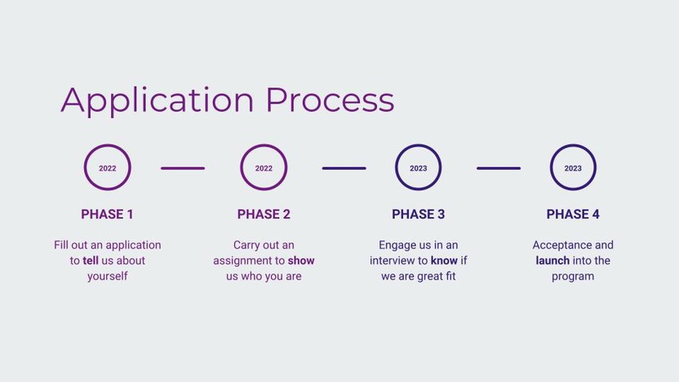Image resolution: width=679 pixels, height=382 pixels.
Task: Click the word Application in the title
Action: click(x=158, y=101)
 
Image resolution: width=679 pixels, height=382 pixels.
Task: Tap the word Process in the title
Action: click(x=330, y=100)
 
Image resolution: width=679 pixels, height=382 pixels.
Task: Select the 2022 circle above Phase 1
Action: click(x=108, y=144)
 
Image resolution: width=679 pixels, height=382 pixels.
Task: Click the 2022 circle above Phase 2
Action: click(x=264, y=144)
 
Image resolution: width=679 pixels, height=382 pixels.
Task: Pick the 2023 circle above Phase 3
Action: click(x=419, y=144)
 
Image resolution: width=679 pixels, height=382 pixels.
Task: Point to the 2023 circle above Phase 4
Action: click(x=573, y=144)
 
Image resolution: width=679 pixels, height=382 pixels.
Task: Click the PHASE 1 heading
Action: click(x=107, y=215)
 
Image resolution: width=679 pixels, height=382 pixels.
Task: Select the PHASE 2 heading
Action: click(x=264, y=215)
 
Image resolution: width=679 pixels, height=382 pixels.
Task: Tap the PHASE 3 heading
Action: click(x=419, y=215)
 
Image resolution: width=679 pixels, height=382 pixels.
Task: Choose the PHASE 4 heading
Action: click(x=573, y=215)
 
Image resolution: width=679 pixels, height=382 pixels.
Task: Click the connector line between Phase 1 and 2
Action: click(x=183, y=168)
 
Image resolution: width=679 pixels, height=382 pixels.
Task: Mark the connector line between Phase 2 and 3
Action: click(x=344, y=168)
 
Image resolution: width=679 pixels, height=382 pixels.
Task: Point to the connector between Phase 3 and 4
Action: click(x=499, y=168)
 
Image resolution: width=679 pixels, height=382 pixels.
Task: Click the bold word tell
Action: click(x=91, y=260)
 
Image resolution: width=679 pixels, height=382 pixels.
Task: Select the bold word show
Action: click(x=301, y=260)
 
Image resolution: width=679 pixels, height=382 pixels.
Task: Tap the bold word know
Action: click(x=444, y=260)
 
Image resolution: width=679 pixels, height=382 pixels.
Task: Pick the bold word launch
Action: click(x=553, y=260)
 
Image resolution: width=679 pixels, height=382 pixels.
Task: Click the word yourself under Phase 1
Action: click(x=108, y=277)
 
